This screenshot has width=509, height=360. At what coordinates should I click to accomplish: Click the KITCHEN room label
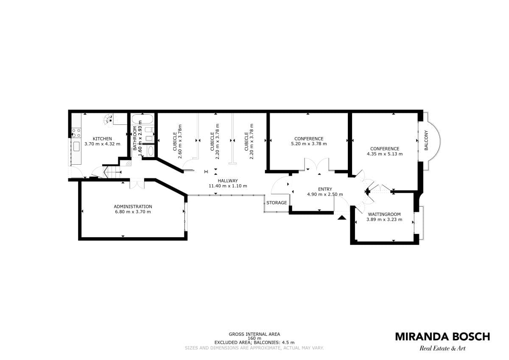[102, 139]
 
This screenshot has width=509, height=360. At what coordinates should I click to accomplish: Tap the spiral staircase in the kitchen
[109, 119]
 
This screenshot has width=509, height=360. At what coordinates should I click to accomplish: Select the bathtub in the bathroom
[143, 119]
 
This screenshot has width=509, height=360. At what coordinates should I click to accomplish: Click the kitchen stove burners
[76, 133]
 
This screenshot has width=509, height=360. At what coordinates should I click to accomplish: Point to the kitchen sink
[76, 146]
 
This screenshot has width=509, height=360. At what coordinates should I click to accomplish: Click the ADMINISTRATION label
[133, 206]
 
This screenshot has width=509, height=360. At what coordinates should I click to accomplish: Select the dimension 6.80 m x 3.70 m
[133, 212]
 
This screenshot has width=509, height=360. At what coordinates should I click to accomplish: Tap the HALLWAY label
[228, 180]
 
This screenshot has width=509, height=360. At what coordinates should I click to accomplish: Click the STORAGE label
[277, 202]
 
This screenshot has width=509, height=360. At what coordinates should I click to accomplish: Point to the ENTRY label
[325, 189]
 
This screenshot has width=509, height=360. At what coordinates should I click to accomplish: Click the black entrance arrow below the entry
[342, 218]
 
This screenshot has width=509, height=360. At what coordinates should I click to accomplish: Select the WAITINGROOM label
[384, 214]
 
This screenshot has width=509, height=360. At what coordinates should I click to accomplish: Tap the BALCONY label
[426, 141]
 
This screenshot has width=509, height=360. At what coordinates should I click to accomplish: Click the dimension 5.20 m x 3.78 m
[309, 144]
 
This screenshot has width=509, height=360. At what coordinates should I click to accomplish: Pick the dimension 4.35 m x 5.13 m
[385, 154]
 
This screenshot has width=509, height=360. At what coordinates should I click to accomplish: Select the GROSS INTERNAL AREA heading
[254, 334]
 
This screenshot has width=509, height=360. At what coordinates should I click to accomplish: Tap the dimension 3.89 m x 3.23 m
[384, 219]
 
